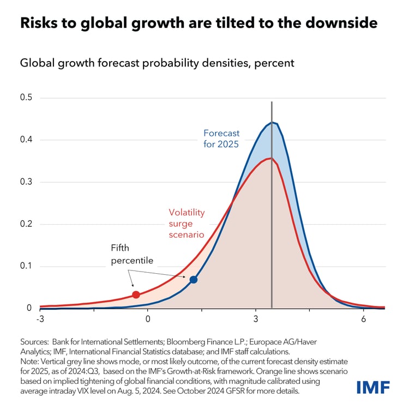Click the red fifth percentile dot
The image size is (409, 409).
tap(136, 294)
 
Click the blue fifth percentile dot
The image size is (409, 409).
tap(193, 280)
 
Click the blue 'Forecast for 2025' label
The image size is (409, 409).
tap(221, 139)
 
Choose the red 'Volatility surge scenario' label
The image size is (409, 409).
tap(187, 224)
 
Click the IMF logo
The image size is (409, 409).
tap(373, 388)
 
